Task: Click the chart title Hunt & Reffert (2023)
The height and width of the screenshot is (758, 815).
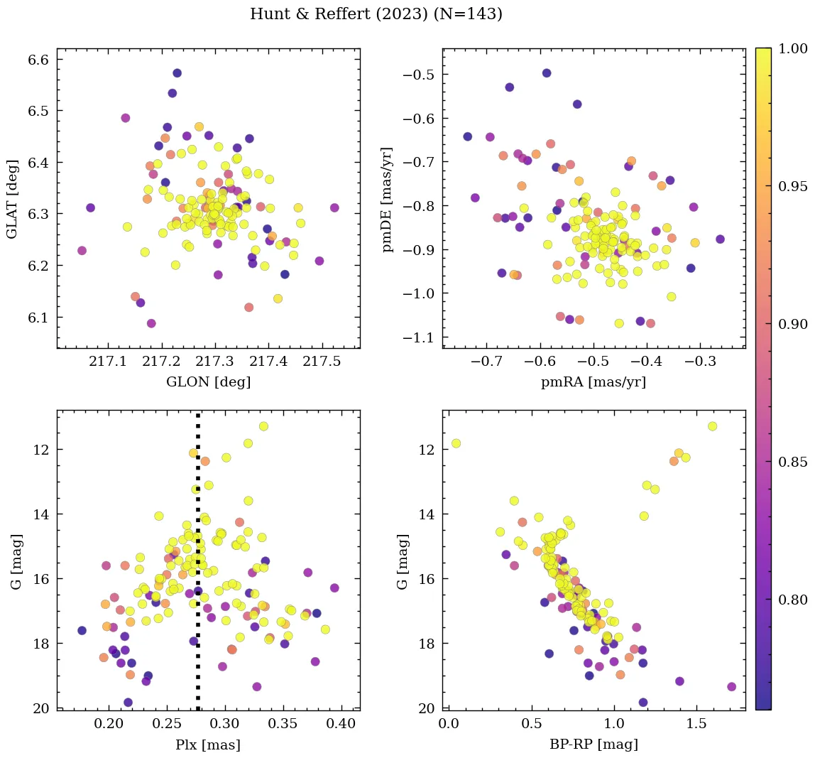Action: [376, 14]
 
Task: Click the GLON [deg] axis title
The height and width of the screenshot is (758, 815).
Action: [208, 381]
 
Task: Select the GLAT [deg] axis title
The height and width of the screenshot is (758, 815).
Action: [13, 198]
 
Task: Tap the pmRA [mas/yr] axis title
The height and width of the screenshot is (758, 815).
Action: [594, 381]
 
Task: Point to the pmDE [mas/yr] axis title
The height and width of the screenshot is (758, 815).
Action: [388, 198]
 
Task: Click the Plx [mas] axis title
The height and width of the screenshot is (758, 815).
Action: [208, 745]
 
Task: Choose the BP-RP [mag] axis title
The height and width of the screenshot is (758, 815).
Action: [594, 745]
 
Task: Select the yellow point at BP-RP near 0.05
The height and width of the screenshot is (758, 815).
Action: [456, 443]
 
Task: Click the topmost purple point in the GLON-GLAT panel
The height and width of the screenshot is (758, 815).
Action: [177, 73]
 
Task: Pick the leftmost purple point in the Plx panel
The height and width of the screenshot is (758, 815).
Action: [82, 630]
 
